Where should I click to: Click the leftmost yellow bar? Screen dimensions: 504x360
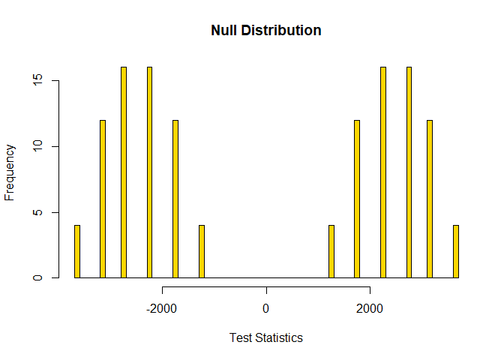coord(77,251)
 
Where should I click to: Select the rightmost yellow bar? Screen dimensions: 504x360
coord(456,251)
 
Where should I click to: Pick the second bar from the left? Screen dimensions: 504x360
coord(103,199)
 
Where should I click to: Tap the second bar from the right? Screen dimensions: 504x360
coord(430,199)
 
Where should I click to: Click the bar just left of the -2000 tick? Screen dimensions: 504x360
coord(149,172)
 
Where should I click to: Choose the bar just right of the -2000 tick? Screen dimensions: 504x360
coord(175,199)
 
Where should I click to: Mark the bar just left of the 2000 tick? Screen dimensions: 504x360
coord(357,199)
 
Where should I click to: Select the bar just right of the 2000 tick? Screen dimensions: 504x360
coord(383,172)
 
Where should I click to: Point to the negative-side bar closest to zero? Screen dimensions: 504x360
coord(202,251)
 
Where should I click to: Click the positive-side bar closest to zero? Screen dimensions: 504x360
coord(331,251)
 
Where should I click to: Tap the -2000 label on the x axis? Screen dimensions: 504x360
coord(161,309)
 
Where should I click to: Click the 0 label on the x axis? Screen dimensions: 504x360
coord(265,309)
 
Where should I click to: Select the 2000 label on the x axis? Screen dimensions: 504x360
coord(370,309)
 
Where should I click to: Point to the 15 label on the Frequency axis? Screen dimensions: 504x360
coord(37,79)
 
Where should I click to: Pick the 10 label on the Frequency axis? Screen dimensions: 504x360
coord(37,146)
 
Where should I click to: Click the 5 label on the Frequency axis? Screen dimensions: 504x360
coord(37,212)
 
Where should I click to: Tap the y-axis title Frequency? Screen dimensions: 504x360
coord(10,172)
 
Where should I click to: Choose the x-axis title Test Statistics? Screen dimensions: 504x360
coord(266,337)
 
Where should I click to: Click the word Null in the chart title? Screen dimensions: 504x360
coord(224,31)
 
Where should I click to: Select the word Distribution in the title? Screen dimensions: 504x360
coord(281,31)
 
